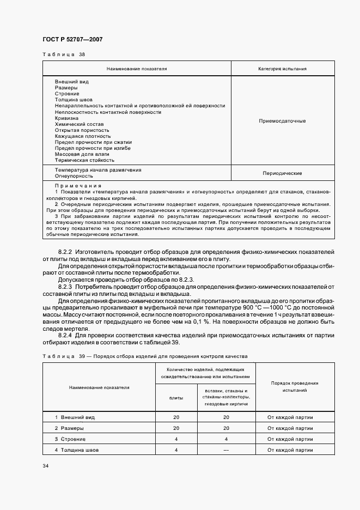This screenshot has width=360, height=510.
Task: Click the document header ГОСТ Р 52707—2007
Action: coord(72,40)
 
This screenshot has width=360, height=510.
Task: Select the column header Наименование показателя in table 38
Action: coord(137,69)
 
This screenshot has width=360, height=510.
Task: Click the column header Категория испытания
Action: coord(282,69)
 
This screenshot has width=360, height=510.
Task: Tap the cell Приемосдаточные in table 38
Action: coord(282,121)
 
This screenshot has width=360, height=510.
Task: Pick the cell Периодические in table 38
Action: coord(282,173)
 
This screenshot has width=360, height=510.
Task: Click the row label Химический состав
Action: coord(75,124)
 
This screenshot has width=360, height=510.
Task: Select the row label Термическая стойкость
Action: coord(84,160)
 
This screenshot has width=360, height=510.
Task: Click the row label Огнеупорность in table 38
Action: coord(74,176)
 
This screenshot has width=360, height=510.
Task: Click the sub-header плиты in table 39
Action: coord(176,398)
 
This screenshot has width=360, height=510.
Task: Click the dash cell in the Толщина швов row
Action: coord(226,450)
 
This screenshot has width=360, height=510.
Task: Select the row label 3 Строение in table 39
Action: coord(67,439)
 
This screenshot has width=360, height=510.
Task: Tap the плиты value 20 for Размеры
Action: coord(176,428)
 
